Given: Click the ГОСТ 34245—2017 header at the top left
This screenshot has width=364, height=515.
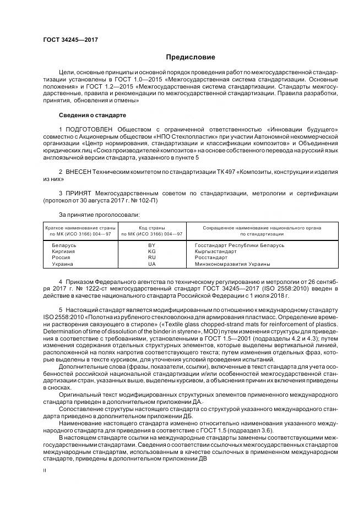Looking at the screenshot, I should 66,40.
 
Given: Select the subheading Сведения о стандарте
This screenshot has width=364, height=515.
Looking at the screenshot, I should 93,116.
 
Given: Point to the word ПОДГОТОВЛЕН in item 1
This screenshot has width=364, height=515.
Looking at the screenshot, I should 88,129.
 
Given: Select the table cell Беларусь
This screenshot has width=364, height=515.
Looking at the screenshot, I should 61,245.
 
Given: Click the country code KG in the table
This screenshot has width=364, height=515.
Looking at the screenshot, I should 152,251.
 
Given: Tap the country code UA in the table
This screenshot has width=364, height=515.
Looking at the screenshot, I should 152,264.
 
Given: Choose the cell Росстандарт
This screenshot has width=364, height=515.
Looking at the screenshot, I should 211,257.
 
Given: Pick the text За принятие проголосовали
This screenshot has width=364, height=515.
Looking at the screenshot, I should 91,215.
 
